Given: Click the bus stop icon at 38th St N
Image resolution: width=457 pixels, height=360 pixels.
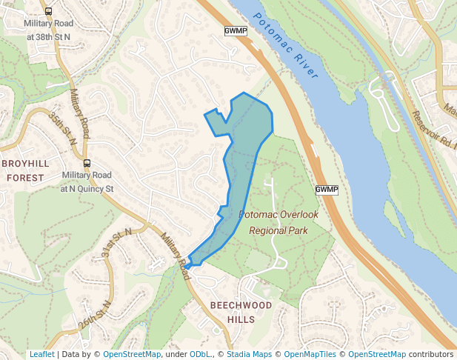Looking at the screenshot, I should click(48, 12).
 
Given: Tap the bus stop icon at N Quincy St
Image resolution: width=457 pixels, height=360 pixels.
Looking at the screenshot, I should click(87, 164).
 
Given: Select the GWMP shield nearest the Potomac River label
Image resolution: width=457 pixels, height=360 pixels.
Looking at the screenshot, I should click(235, 30).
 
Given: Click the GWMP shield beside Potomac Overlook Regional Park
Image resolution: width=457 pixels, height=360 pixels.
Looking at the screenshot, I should click(326, 190).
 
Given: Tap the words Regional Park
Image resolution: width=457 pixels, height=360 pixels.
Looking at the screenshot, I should click(278, 230).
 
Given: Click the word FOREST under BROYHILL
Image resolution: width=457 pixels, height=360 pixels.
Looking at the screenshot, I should click(25, 178).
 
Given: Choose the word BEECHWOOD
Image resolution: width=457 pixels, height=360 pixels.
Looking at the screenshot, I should click(241, 305).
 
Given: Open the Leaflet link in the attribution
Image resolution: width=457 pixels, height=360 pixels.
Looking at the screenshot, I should click(41, 354).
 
